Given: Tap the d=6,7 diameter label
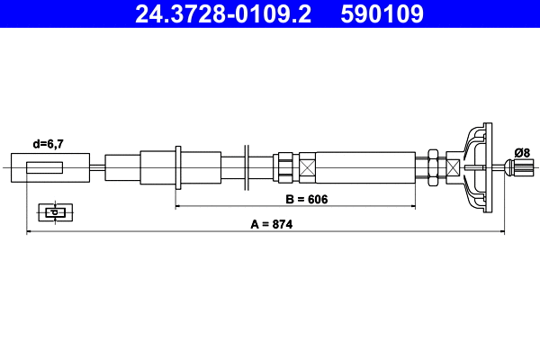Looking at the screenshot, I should tap(48, 144).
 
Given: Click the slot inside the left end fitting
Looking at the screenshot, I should tap(45, 167).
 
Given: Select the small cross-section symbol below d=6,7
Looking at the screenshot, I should tap(54, 212).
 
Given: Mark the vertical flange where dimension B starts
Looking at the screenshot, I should tap(178, 167).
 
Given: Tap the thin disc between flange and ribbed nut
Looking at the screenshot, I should tap(245, 167).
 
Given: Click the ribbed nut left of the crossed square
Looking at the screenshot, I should tap(285, 167).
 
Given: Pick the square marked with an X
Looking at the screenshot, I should tap(308, 167).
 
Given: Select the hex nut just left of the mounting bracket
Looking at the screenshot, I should tap(434, 167).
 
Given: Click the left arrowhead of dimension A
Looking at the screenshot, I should tap(31, 233).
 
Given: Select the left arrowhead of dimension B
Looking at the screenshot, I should tap(178, 206).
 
